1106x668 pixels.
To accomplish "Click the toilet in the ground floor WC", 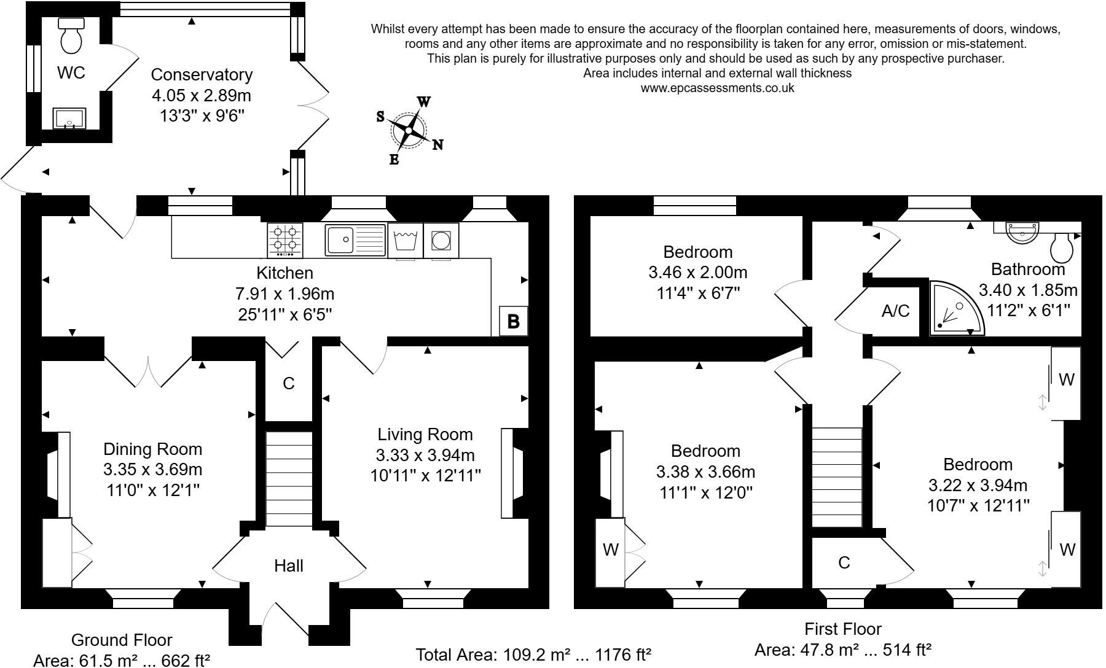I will click(x=71, y=37).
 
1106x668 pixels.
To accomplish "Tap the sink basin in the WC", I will click(x=69, y=118).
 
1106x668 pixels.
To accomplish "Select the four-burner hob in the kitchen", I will click(x=285, y=239).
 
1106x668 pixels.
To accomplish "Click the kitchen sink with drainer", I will click(x=355, y=239).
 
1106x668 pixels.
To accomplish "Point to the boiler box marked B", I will click(x=513, y=320).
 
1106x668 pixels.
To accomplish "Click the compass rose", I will click(x=409, y=130).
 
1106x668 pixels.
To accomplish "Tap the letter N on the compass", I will click(x=437, y=145).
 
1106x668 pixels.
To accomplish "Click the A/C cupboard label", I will click(x=895, y=311).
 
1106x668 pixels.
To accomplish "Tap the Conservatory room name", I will click(x=202, y=74).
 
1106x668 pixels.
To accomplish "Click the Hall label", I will click(x=288, y=565).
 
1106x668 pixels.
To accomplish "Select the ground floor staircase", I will click(x=289, y=479).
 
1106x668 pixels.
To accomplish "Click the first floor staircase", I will click(x=837, y=478).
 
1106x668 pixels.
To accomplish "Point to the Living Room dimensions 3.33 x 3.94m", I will click(x=425, y=455).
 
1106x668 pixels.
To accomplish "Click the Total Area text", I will click(x=533, y=654).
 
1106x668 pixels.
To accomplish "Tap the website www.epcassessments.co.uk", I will click(x=717, y=88).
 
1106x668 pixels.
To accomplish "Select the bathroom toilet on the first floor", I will click(x=1062, y=247).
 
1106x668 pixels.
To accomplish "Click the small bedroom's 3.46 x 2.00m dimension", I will click(x=698, y=272).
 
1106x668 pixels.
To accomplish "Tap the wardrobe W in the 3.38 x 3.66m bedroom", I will click(x=610, y=550).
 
